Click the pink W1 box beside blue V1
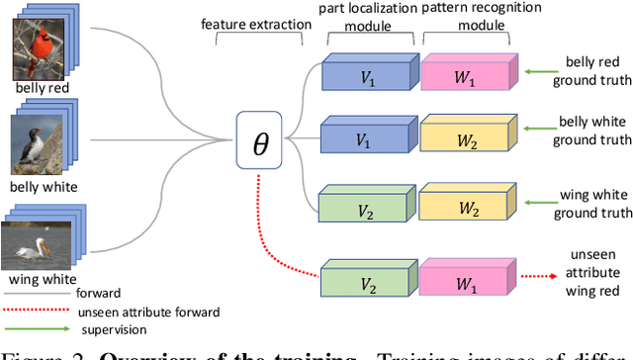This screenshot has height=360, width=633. [x=465, y=77]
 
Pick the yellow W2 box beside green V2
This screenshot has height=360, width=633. [x=465, y=206]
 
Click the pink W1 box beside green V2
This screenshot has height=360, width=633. [x=465, y=284]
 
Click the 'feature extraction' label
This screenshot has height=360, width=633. [x=250, y=23]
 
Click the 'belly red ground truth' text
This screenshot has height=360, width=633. [x=592, y=72]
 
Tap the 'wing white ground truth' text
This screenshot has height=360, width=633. [x=592, y=205]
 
